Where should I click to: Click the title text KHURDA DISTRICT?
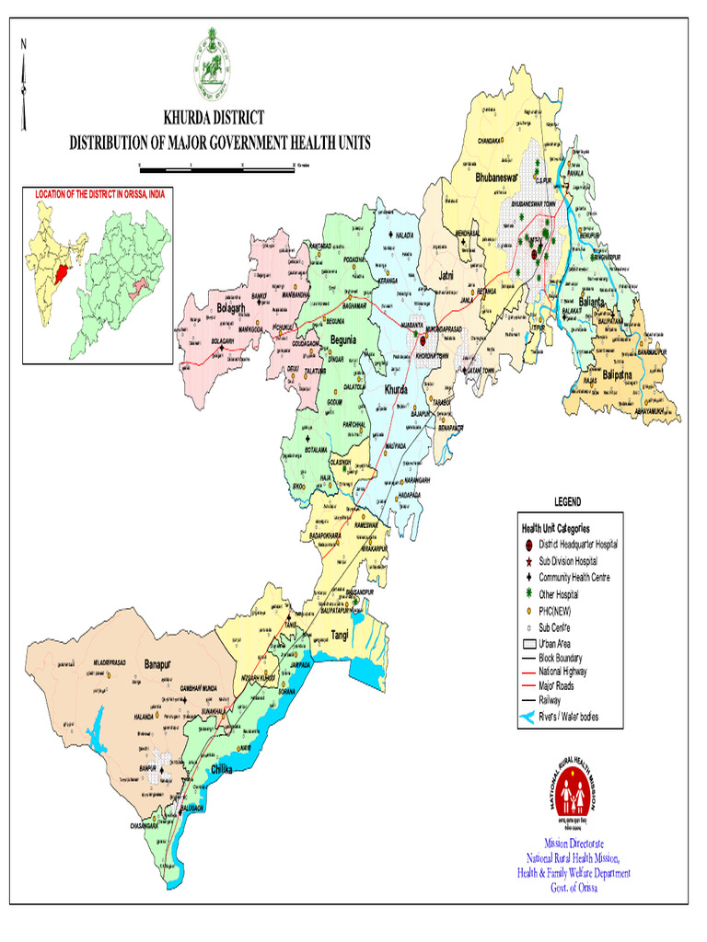coord(213,118)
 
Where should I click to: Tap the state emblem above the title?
coord(211,65)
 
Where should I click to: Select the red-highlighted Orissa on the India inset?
coord(63,273)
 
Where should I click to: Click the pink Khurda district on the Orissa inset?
coord(139,289)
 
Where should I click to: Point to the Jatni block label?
coord(447,275)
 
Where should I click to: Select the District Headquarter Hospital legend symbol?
coord(528,544)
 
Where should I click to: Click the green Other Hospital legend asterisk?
coord(528,595)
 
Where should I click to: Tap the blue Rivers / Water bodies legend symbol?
coord(527,717)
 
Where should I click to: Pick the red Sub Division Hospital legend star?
coord(528,560)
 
